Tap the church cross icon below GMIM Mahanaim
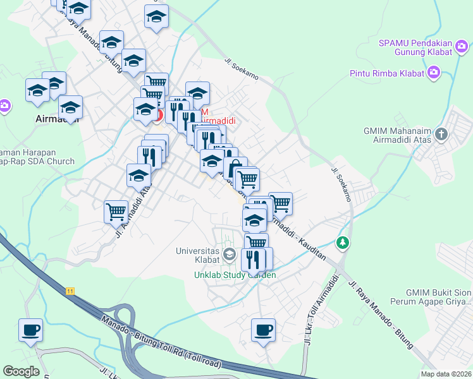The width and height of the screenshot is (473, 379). (x=441, y=134)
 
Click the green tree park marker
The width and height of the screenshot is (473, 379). (x=342, y=242)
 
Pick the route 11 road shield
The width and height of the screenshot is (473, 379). (x=70, y=291)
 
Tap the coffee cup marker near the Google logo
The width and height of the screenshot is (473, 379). (x=30, y=330)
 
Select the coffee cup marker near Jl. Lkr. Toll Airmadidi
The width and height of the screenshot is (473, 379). (x=263, y=329)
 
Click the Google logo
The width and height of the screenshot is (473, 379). (x=21, y=371)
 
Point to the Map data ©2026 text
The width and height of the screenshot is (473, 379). (x=446, y=374)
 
